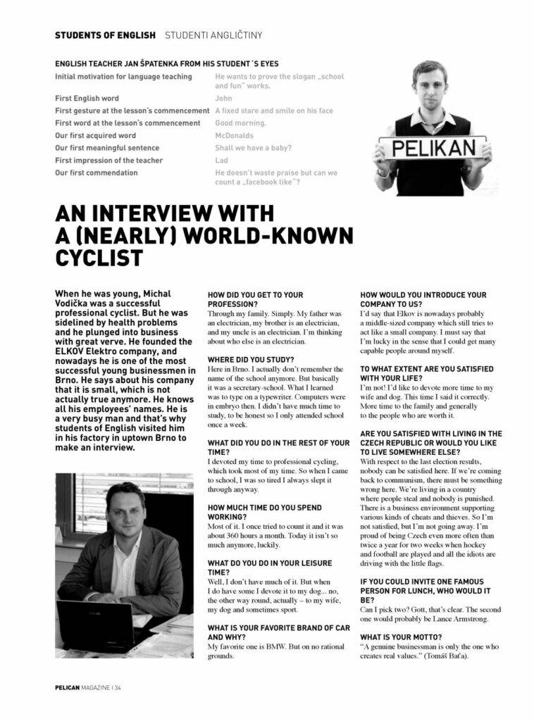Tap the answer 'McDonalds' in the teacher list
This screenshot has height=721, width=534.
[x=235, y=135]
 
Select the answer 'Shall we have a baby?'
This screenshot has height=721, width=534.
[x=253, y=148]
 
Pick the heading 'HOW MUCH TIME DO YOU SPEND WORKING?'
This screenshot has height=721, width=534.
[x=264, y=512]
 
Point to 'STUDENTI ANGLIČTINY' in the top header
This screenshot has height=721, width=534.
[x=213, y=35]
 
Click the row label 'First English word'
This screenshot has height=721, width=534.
[x=87, y=99]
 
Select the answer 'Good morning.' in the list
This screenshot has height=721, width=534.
[x=240, y=123]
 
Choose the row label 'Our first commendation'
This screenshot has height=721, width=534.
[x=97, y=173]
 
